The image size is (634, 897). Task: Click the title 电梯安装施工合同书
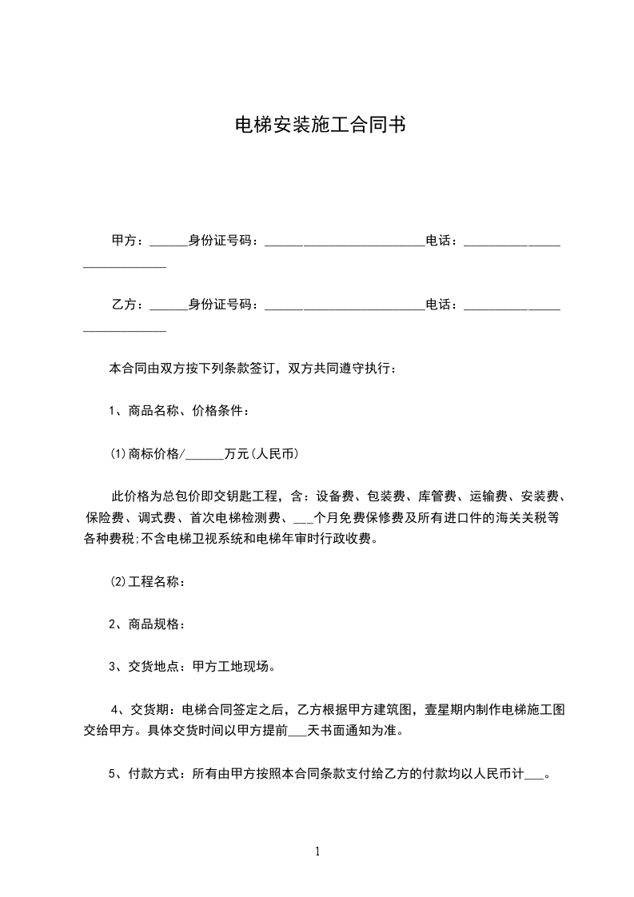317,125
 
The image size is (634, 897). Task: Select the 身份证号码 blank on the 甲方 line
344,242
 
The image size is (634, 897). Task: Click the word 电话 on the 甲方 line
437,241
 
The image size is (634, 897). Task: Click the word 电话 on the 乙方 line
437,305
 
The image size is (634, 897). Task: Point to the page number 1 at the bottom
317,851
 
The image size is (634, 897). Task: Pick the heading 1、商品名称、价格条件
179,412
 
